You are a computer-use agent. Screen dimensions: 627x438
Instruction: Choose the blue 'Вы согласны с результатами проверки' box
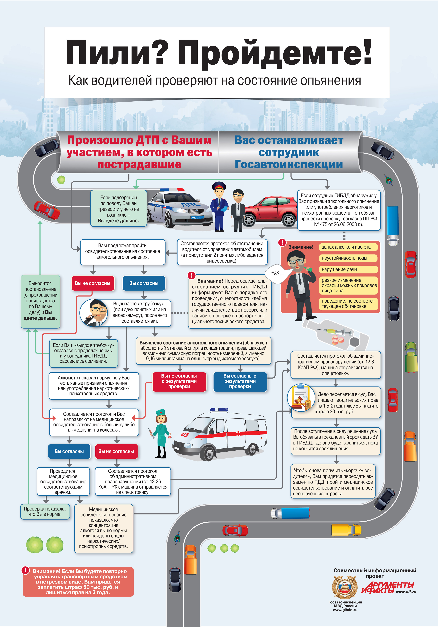pyautogui.click(x=240, y=381)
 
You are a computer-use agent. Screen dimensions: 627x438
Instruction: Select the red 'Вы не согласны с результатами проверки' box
pyautogui.click(x=179, y=381)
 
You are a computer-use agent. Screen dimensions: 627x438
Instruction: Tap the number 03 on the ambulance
pyautogui.click(x=185, y=434)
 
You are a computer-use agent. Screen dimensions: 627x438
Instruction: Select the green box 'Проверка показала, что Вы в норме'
pyautogui.click(x=45, y=511)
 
